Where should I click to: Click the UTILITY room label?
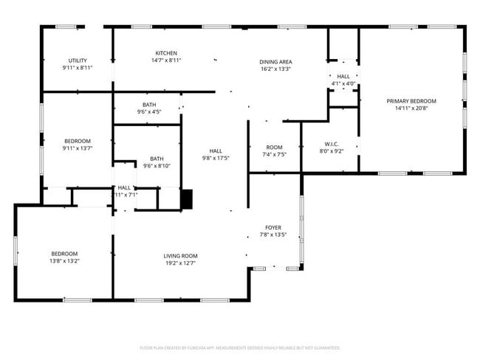point(78,60)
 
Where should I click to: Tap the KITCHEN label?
point(165,53)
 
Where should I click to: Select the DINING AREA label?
point(275,62)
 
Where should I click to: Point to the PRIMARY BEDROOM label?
point(411,101)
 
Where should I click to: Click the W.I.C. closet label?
point(331,144)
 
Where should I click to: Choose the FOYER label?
point(274,228)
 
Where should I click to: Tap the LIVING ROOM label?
point(180,256)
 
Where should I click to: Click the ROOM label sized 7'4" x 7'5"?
point(274,148)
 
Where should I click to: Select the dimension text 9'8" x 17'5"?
point(216,158)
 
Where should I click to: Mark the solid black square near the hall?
point(186,198)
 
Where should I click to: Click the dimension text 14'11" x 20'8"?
point(411,108)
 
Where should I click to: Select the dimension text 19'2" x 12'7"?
point(180,263)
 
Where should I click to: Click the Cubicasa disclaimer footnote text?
point(240,347)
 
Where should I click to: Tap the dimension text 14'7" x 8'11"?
point(165,60)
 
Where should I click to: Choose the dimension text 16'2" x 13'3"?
point(275,69)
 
